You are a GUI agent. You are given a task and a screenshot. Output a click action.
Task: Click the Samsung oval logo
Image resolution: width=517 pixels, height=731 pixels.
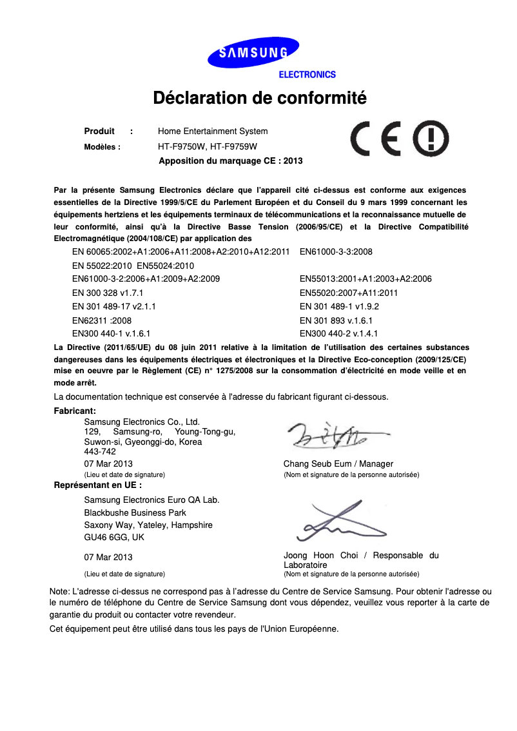pos(253,53)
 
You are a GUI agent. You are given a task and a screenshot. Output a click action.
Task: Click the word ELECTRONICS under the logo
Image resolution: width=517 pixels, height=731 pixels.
pos(307,75)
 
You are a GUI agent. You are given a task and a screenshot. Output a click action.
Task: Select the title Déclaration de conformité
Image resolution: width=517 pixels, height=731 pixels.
pos(259,99)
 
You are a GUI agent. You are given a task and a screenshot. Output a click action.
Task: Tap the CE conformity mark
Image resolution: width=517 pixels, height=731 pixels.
pos(377,139)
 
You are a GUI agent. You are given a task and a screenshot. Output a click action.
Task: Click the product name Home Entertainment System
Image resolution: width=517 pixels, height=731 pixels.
pos(213,132)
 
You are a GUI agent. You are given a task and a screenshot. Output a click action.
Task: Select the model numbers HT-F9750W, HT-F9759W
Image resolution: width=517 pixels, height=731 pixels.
pos(208,147)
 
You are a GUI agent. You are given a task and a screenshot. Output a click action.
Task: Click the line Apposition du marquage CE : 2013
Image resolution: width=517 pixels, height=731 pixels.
pos(230,161)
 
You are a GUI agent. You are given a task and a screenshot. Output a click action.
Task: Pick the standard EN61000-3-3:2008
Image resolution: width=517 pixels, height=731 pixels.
pos(336,252)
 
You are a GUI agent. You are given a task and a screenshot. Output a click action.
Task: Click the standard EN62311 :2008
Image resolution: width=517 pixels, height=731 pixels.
pos(102,320)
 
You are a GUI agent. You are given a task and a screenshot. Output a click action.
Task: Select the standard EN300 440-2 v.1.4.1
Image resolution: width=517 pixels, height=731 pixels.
pos(338,334)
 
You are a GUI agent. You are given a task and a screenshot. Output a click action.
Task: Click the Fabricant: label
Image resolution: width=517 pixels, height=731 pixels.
pos(75,411)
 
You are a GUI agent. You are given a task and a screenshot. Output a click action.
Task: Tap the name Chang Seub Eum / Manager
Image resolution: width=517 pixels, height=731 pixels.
pos(338,464)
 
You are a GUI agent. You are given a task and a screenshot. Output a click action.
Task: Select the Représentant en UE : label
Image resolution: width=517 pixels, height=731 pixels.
pos(98,485)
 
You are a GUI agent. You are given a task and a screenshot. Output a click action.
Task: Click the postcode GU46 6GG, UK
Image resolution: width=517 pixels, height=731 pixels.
pos(114,538)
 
